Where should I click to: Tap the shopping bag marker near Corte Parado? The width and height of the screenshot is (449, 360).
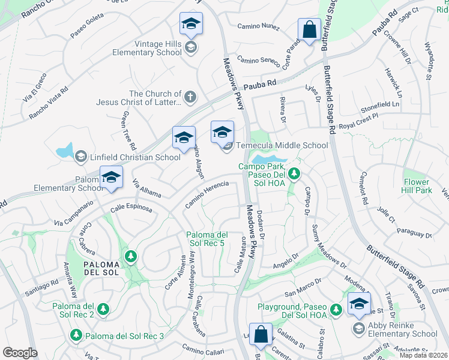click(x=310, y=29)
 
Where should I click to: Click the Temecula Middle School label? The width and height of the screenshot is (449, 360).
click(x=282, y=145)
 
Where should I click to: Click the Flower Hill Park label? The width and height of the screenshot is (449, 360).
click(x=417, y=185)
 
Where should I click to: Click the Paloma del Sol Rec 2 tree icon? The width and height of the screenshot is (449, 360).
click(x=103, y=309)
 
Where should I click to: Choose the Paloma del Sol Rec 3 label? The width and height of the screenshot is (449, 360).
click(x=124, y=335)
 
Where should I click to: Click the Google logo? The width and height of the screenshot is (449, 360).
click(x=20, y=353)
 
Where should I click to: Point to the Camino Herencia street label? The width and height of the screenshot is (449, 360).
click(x=206, y=194)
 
